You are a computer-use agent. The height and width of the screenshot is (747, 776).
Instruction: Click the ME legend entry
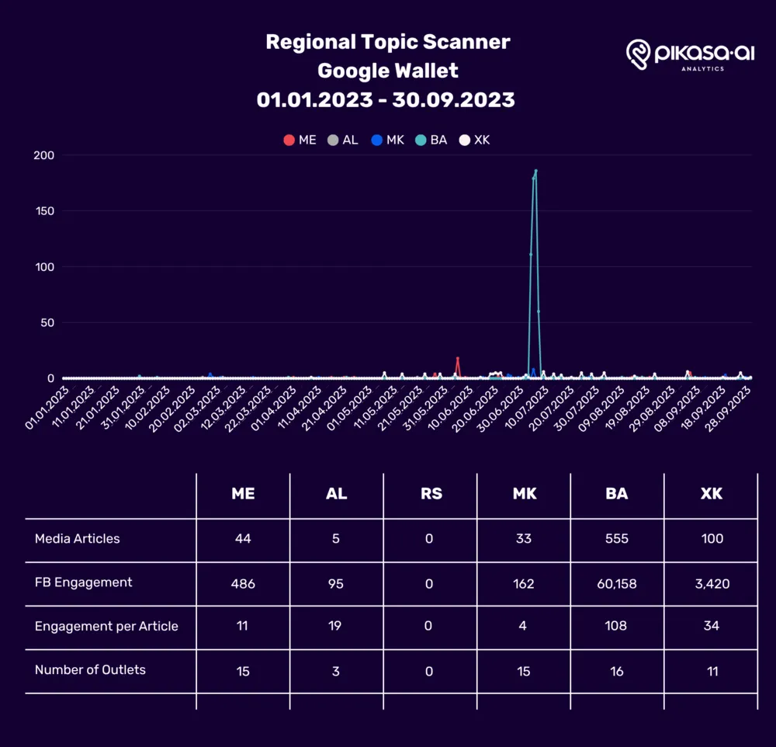(x=300, y=141)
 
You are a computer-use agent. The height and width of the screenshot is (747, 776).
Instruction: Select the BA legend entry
(x=431, y=141)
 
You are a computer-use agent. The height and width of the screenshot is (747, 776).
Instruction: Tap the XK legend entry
(x=475, y=141)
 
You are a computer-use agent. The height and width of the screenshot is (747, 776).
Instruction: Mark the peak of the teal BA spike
(x=535, y=171)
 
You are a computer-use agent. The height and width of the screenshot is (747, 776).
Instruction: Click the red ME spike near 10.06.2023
(x=458, y=359)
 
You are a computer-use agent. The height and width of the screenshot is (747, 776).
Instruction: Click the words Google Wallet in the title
(x=388, y=71)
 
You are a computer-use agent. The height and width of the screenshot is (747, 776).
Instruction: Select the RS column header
(x=431, y=495)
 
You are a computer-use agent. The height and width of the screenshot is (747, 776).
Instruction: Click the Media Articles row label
(x=78, y=539)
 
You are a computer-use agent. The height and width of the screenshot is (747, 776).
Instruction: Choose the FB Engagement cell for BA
(x=617, y=583)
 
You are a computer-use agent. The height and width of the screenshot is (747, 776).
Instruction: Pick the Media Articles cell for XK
(x=711, y=539)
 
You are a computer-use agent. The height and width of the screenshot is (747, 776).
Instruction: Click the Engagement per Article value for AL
(x=335, y=627)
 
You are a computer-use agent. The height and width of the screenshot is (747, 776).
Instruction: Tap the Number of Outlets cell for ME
(x=243, y=671)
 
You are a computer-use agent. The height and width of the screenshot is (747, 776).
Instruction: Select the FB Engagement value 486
(x=243, y=583)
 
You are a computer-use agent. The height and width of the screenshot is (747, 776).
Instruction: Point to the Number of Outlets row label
(x=90, y=669)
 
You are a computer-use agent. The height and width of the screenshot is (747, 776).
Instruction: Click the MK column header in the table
(x=525, y=495)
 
